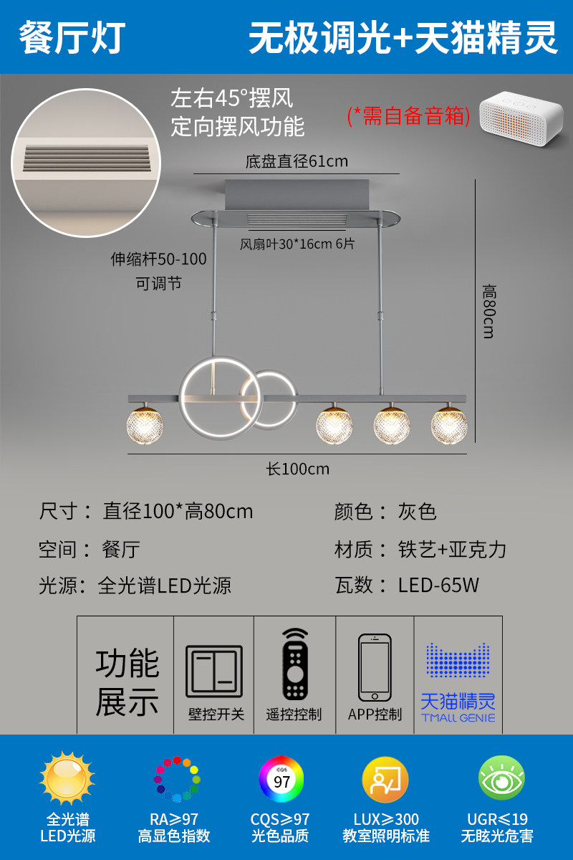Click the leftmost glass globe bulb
[x=146, y=425]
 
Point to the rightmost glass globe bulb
[x=449, y=425]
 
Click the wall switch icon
[x=214, y=672]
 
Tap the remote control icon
[x=294, y=664]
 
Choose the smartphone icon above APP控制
[x=375, y=668]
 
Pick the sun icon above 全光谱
[x=67, y=780]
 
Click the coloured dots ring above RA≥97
[x=176, y=780]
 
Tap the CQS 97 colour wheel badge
[x=281, y=780]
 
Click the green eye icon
[x=501, y=780]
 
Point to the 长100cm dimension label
[x=298, y=469]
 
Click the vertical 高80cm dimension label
[x=488, y=311]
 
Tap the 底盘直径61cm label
[x=297, y=161]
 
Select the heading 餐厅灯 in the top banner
[x=72, y=37]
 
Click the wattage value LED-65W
[x=438, y=586]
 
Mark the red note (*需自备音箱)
[x=408, y=115]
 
